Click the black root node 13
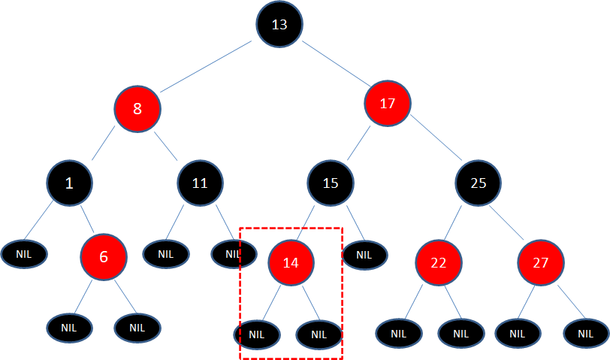coord(279,25)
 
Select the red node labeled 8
coord(137,108)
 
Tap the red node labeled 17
coord(388,104)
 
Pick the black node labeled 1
coord(69,183)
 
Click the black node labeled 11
coord(200,183)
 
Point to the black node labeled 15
coord(331,183)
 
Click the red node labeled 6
coord(104,256)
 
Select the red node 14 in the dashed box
coord(291,262)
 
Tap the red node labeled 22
coord(438,262)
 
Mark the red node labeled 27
coord(540,262)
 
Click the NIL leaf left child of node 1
coord(24,254)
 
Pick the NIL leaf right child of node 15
coord(364,255)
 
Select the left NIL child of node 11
coord(165,254)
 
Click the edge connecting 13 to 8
coord(205,67)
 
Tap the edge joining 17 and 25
coord(436,144)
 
